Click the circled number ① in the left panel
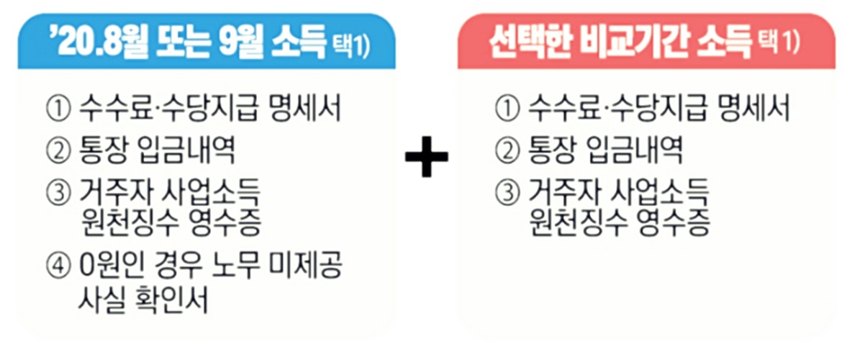56,112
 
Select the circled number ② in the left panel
56,153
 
